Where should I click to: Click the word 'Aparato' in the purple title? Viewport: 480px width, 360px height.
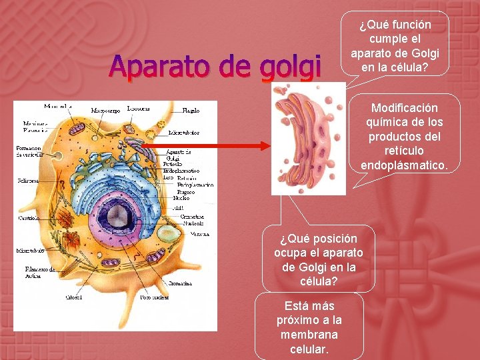click(161, 66)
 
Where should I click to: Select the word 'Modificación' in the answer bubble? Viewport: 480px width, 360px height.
click(404, 108)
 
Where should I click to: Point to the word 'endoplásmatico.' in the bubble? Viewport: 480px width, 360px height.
click(404, 165)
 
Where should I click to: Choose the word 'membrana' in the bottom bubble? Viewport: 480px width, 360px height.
click(309, 335)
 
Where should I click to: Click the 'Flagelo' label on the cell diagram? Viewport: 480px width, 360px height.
click(191, 110)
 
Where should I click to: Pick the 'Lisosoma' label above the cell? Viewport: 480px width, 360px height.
click(138, 107)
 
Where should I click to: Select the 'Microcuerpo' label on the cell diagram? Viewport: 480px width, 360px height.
click(105, 110)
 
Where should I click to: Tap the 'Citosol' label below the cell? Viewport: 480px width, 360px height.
click(73, 297)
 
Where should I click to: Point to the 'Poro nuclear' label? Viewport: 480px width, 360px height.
click(154, 297)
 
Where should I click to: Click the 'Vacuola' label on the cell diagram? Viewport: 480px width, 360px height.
click(200, 234)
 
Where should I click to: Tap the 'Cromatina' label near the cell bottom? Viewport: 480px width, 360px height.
click(180, 283)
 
